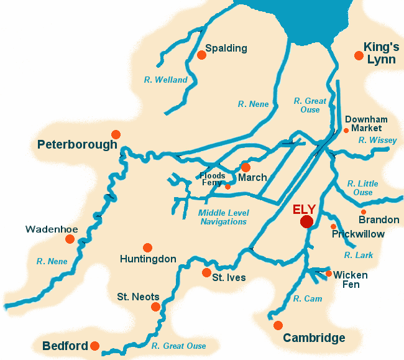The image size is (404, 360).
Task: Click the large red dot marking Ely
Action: click(306, 222)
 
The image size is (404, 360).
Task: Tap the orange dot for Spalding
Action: click(201, 55)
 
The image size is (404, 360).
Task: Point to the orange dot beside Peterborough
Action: click(116, 134)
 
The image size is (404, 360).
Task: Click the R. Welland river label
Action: click(165, 80)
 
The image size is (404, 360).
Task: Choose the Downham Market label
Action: click(366, 124)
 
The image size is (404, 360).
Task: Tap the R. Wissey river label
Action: click(377, 141)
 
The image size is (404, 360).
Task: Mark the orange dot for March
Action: click(246, 167)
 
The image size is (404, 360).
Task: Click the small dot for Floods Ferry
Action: click(227, 187)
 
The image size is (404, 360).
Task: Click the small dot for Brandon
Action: click(364, 212)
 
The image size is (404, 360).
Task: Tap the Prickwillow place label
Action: click(358, 234)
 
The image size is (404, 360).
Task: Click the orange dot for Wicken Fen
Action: click(329, 273)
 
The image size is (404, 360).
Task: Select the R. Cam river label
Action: click(308, 299)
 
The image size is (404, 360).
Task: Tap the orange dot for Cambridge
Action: click(278, 325)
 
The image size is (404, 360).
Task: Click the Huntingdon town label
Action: click(148, 259)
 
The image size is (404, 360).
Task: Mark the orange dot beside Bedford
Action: click(94, 346)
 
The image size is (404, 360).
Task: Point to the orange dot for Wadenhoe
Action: click(70, 239)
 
